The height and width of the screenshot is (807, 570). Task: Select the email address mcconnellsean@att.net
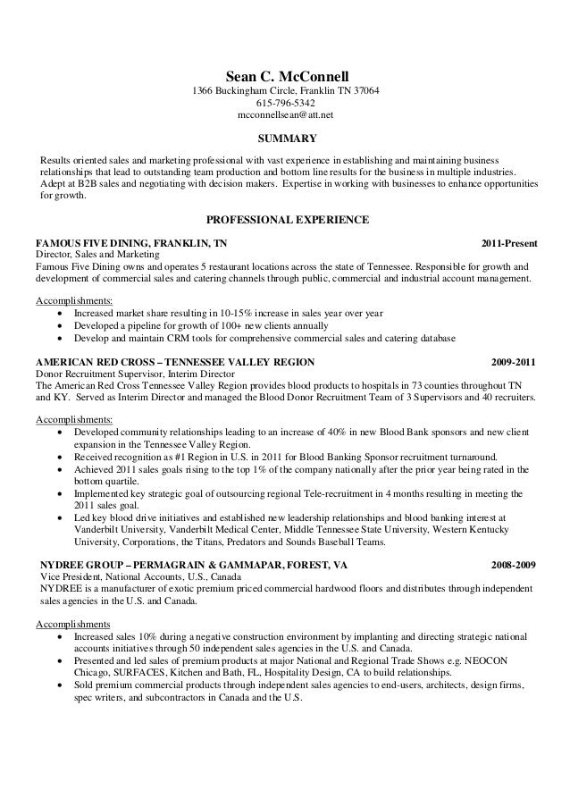[286, 116]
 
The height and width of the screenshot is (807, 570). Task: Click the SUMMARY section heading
[286, 139]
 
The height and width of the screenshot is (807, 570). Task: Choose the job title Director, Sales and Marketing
[96, 255]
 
